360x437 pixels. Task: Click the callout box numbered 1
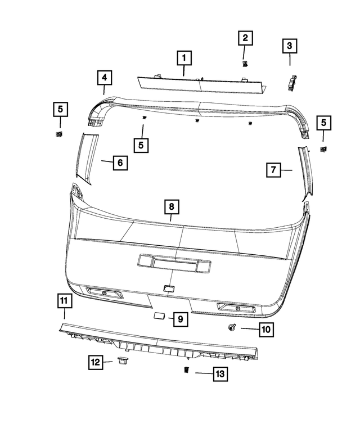tap(184, 57)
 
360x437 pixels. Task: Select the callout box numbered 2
tap(245, 38)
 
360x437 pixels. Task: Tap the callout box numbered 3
tap(289, 44)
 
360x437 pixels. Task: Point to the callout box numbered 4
tap(104, 76)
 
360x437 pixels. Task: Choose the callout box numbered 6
tap(119, 163)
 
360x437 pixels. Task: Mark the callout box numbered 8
tap(172, 208)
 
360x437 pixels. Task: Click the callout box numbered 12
tap(95, 362)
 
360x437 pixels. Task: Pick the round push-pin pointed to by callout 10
tap(231, 328)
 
